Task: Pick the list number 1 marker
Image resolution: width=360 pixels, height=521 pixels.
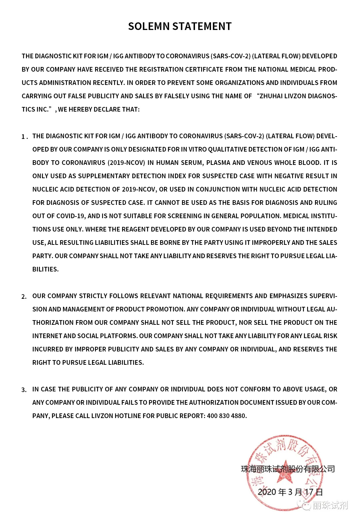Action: (x=24, y=137)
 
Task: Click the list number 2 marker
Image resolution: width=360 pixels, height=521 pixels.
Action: (x=24, y=296)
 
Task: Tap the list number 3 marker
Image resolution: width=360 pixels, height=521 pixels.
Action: (x=24, y=390)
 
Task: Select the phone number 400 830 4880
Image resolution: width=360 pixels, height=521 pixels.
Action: (x=226, y=416)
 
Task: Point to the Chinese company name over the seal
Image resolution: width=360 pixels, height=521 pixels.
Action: (x=288, y=469)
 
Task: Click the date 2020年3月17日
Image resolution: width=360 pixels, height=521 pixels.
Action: (x=290, y=492)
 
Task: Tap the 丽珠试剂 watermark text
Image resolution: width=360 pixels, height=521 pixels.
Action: (x=330, y=505)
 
